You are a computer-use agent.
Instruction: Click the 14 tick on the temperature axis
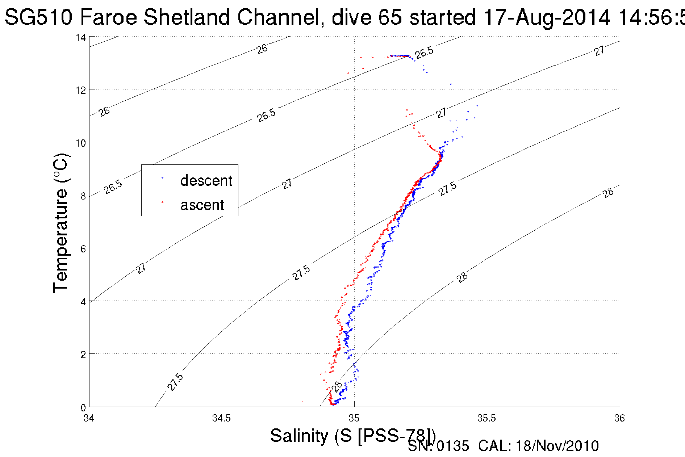pos(80,37)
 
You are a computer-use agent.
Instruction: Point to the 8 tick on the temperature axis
pos(83,196)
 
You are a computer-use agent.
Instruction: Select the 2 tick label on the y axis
pos(83,355)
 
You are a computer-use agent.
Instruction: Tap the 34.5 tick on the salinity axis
pos(221,418)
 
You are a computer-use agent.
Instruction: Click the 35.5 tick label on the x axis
pos(486,418)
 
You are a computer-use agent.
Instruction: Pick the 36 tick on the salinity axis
pos(619,418)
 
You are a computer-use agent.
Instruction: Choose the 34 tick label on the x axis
pos(89,418)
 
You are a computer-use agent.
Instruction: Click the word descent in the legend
pos(206,180)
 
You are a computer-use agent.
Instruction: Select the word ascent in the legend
pos(202,205)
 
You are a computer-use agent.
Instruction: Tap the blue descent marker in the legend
pos(163,178)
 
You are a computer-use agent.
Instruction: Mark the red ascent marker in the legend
pos(163,202)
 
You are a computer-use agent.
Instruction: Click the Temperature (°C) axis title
pos(61,223)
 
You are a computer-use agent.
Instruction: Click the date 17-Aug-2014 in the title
pos(547,17)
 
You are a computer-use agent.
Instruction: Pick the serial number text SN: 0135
pos(438,446)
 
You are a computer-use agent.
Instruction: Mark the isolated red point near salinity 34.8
pos(302,402)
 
